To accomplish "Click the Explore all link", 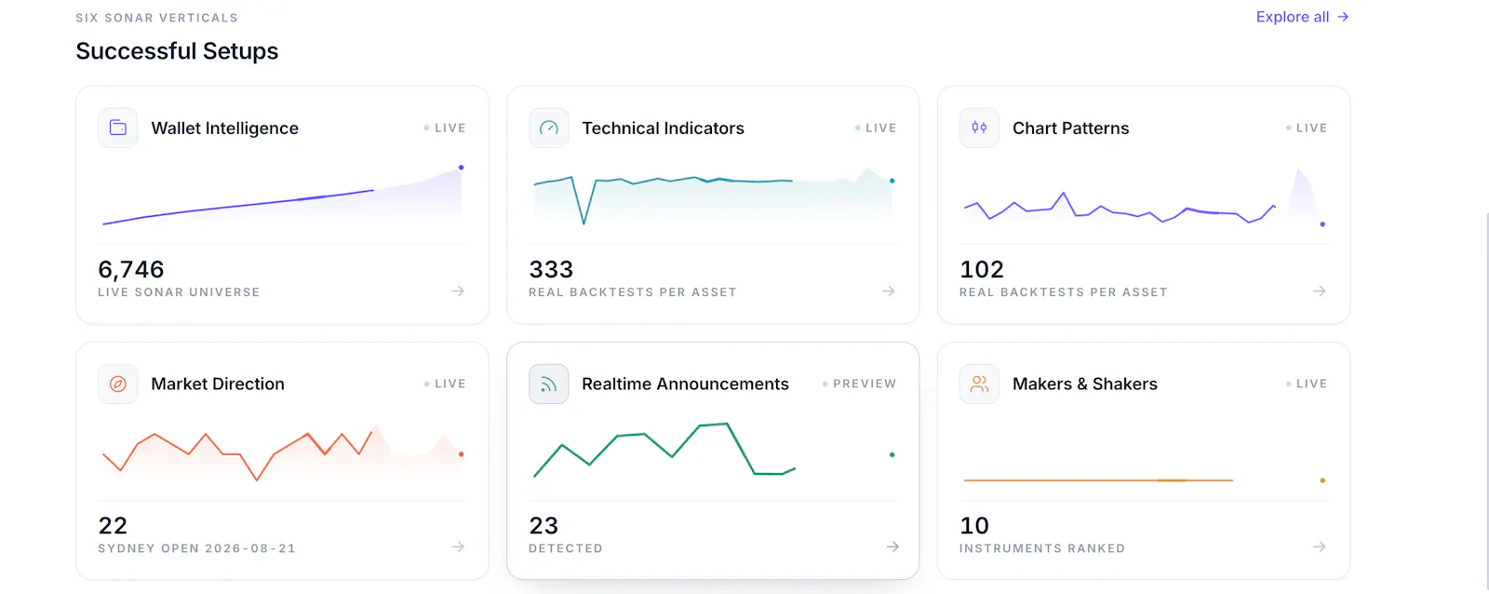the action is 1302,17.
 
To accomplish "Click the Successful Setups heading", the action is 177,51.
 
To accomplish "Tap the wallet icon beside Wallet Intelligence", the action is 117,128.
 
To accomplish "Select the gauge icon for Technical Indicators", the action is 548,128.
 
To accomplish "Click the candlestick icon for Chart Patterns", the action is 979,128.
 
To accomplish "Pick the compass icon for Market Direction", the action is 117,384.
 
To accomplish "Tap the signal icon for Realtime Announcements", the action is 548,384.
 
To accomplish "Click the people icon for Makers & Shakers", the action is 979,384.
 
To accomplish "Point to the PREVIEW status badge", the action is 860,384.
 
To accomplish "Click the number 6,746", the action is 131,269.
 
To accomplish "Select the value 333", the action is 550,269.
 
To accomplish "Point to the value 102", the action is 981,269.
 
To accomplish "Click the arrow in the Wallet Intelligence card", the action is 458,290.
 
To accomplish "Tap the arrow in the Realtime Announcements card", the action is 892,547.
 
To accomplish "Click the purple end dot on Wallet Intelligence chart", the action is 462,168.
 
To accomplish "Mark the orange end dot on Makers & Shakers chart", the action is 1322,480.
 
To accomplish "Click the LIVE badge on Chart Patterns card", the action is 1307,128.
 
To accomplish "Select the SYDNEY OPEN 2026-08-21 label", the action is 196,548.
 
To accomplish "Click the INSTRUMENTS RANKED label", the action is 1042,548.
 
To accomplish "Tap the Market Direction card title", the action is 218,384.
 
